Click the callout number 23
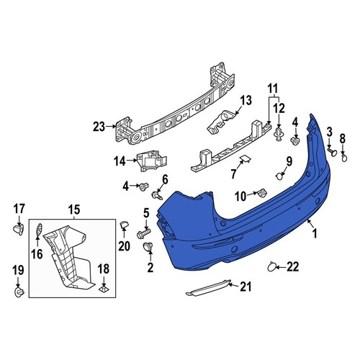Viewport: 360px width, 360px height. tap(99, 127)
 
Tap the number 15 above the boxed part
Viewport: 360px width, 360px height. tap(74, 210)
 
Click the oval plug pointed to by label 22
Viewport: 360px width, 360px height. tap(271, 268)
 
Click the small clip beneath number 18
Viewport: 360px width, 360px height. tap(104, 290)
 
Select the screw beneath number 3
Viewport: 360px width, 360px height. tap(333, 152)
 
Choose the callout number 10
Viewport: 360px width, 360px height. tap(240, 194)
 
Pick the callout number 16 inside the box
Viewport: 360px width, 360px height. tap(37, 253)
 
